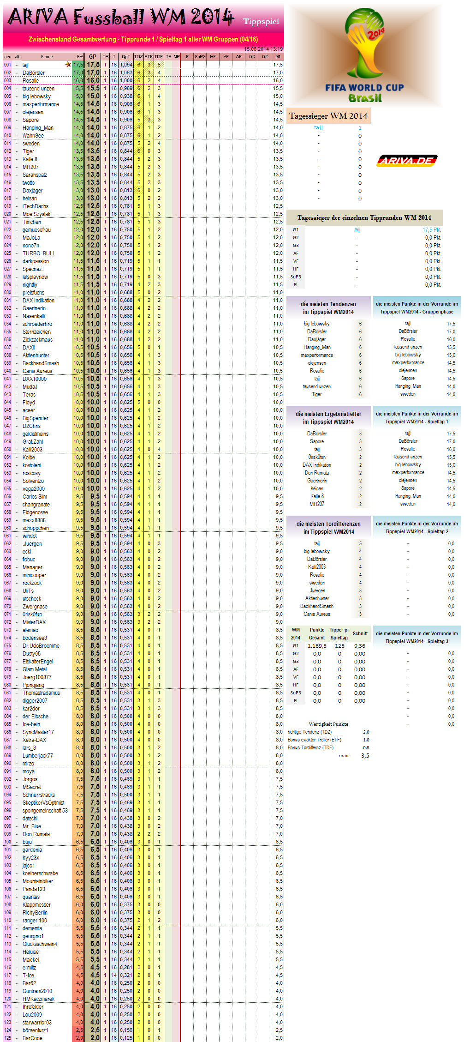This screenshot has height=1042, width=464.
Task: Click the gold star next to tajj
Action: pyautogui.click(x=68, y=65)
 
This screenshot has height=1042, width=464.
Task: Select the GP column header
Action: pyautogui.click(x=93, y=57)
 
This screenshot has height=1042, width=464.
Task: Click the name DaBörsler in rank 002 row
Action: pyautogui.click(x=34, y=73)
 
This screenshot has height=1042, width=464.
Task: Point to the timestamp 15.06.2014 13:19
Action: pyautogui.click(x=263, y=49)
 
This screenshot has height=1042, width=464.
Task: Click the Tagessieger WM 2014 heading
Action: pyautogui.click(x=328, y=116)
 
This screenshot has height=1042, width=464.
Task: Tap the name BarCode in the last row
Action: pyautogui.click(x=32, y=1038)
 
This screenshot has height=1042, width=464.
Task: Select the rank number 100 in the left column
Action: pyautogui.click(x=8, y=842)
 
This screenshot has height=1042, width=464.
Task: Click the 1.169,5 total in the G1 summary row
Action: pyautogui.click(x=317, y=646)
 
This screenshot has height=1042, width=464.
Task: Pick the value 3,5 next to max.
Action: pyautogui.click(x=365, y=756)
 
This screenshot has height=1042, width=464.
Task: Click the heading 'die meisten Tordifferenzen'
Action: pyautogui.click(x=328, y=524)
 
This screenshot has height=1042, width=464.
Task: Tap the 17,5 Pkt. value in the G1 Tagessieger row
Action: pyautogui.click(x=432, y=230)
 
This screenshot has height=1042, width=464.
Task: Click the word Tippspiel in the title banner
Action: pyautogui.click(x=261, y=22)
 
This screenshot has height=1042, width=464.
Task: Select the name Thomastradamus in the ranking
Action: pyautogui.click(x=41, y=693)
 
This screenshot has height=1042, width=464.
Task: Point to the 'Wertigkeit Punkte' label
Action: pyautogui.click(x=328, y=724)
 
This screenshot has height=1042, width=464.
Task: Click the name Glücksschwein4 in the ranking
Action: pyautogui.click(x=40, y=944)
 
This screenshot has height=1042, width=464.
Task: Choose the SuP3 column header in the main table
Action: pyautogui.click(x=200, y=57)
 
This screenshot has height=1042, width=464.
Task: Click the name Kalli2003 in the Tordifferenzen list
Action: pyautogui.click(x=317, y=567)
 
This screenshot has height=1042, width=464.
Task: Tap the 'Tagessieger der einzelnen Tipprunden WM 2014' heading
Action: pyautogui.click(x=364, y=217)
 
